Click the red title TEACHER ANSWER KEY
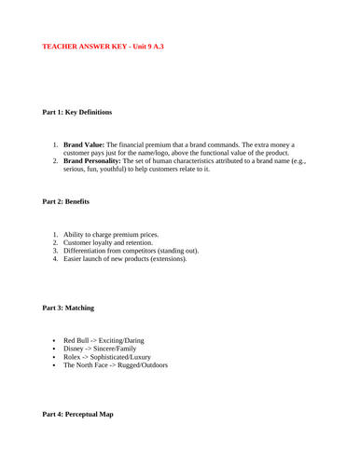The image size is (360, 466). tap(104, 45)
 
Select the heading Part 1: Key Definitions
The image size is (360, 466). tap(77, 112)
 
